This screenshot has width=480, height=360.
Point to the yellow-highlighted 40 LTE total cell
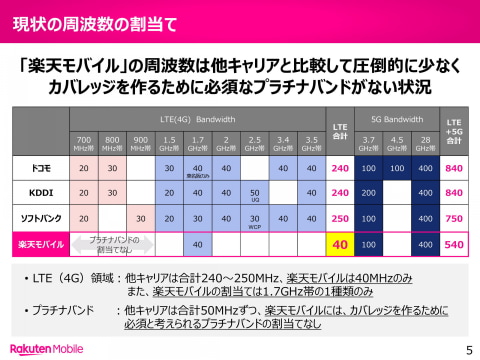pyautogui.click(x=339, y=243)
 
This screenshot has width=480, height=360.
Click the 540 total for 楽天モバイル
pyautogui.click(x=454, y=243)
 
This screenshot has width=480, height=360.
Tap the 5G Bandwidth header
pyautogui.click(x=396, y=118)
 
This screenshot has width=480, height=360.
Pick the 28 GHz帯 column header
pyautogui.click(x=425, y=143)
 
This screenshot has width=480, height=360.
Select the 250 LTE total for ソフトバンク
pyautogui.click(x=339, y=217)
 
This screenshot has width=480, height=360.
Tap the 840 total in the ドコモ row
pyautogui.click(x=454, y=167)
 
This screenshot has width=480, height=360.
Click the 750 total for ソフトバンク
pyautogui.click(x=454, y=217)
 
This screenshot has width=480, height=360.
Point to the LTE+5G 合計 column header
pyautogui.click(x=454, y=130)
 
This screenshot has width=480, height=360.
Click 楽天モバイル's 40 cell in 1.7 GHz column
pyautogui.click(x=198, y=243)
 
